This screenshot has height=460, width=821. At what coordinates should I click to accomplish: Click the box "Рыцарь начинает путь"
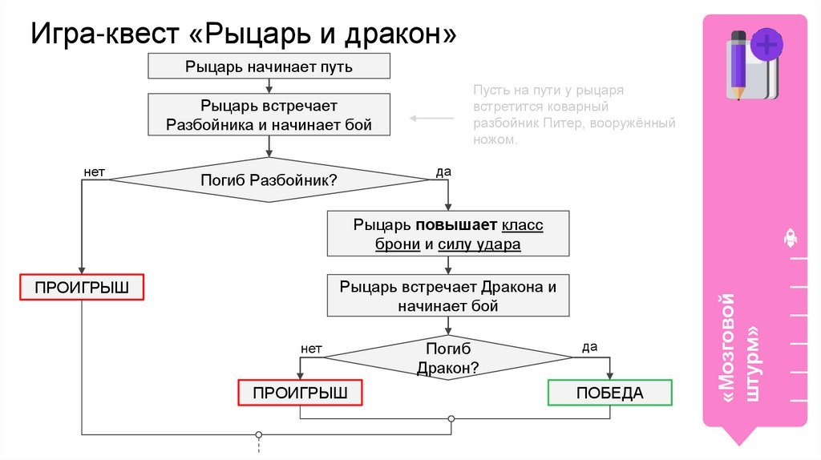[x=269, y=67]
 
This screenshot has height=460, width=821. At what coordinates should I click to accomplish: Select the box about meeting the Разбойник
[x=269, y=115]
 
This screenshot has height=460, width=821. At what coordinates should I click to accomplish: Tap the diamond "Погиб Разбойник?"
[x=269, y=180]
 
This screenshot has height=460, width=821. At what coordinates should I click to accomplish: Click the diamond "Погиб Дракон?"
[x=447, y=359]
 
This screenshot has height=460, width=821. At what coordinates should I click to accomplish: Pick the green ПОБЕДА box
[x=609, y=393]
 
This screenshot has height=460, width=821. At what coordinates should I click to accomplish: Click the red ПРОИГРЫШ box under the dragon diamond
[x=300, y=393]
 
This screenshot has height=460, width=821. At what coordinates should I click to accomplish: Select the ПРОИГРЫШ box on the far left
[x=82, y=287]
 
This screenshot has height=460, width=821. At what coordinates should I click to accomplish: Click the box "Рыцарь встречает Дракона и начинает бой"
[x=447, y=296]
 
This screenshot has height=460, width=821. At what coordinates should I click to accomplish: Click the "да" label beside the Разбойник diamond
[x=443, y=171]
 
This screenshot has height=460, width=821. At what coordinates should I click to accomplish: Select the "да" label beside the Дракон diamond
[x=589, y=347]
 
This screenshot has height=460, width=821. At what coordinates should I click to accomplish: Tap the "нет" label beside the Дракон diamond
[x=311, y=349]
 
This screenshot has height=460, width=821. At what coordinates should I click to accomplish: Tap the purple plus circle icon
[x=768, y=43]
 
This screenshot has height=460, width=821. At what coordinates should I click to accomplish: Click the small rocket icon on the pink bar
[x=789, y=237]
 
